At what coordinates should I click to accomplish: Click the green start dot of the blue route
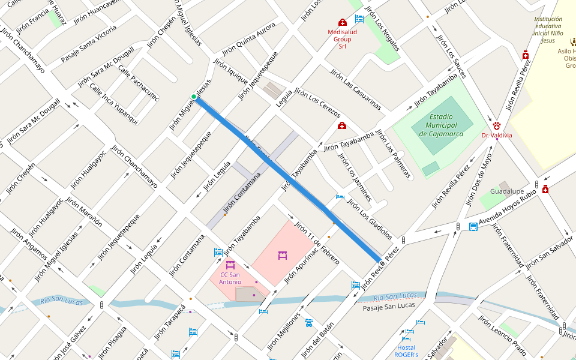194,97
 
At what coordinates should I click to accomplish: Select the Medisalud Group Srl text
342,38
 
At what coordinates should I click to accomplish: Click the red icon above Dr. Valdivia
497,125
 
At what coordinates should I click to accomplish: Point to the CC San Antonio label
230,278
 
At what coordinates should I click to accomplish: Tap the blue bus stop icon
473,227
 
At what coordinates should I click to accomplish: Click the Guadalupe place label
508,191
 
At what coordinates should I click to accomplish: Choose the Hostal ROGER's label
406,351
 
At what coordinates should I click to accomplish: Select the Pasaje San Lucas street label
389,307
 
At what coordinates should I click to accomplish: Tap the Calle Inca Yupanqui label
113,103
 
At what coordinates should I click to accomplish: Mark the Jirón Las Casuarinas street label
355,89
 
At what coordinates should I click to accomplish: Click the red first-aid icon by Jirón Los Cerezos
341,125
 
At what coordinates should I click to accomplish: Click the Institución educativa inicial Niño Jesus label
548,30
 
